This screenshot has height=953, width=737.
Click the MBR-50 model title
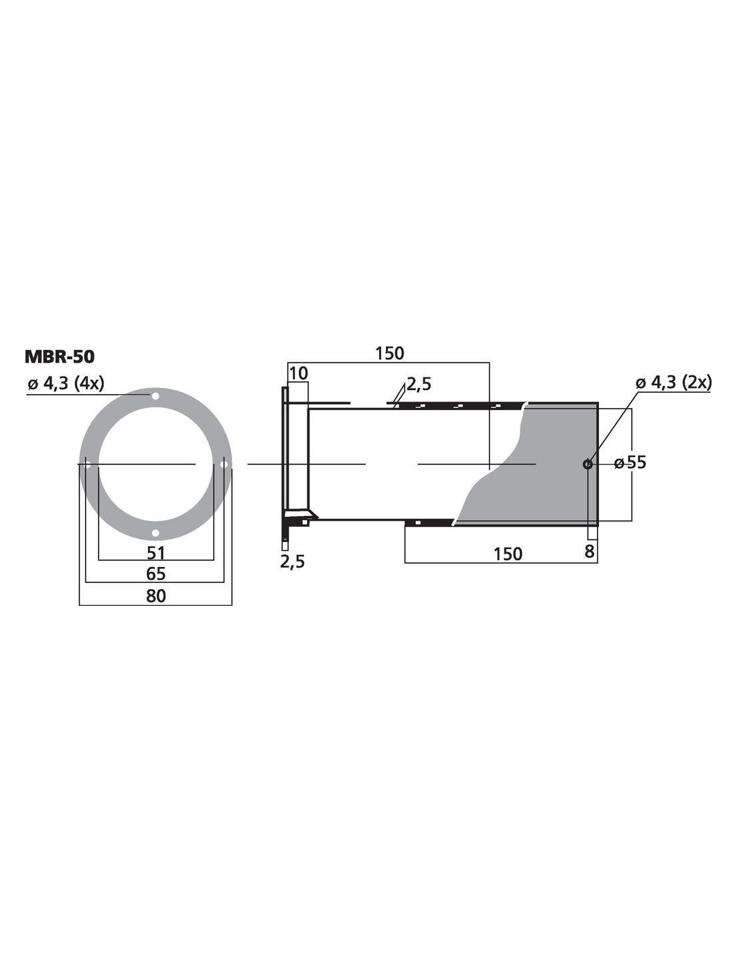coord(60,357)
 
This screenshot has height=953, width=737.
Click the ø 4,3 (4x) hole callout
coord(66,384)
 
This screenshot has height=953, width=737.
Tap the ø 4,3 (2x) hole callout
coord(673,383)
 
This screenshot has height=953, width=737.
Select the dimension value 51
coord(155,553)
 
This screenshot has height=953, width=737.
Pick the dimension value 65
coord(155,574)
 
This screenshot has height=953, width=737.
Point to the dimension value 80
coord(155,596)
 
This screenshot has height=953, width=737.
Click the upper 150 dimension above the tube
coord(390,353)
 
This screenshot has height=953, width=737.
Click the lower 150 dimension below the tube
coord(508,554)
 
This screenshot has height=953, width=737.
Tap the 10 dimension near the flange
coord(299,374)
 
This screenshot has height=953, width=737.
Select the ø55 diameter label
coord(630,462)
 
